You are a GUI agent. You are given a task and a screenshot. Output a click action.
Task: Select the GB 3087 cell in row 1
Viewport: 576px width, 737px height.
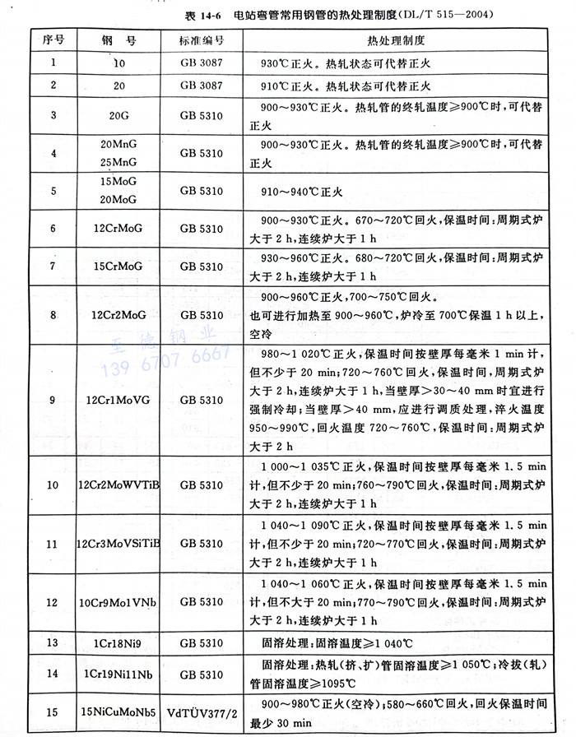(201, 63)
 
